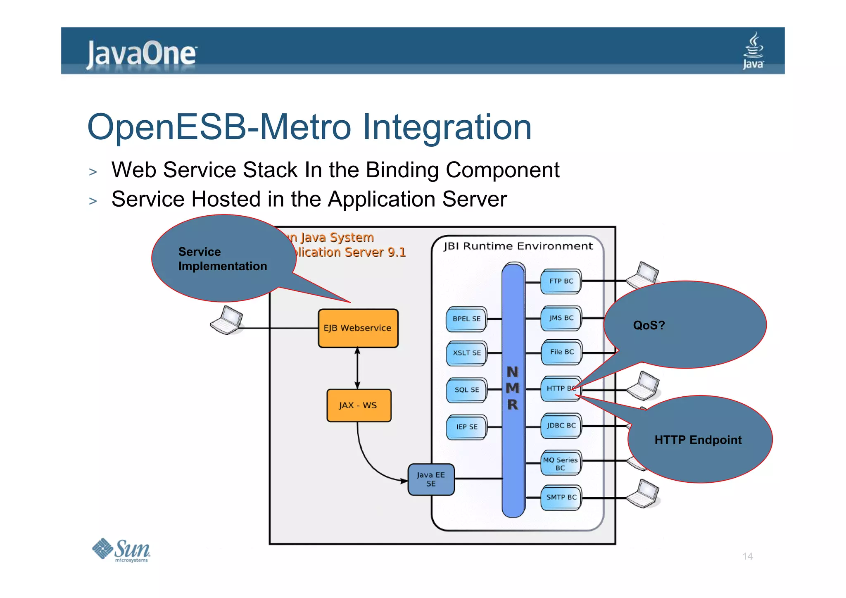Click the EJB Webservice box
pyautogui.click(x=358, y=328)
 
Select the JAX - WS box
pyautogui.click(x=358, y=405)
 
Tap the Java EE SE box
pyautogui.click(x=430, y=479)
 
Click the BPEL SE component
pyautogui.click(x=466, y=319)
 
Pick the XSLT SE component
pyautogui.click(x=466, y=353)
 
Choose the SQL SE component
pyautogui.click(x=466, y=390)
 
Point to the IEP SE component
pyautogui.click(x=466, y=427)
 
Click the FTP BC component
pyautogui.click(x=561, y=281)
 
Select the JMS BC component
pyautogui.click(x=561, y=318)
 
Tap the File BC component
pyautogui.click(x=561, y=352)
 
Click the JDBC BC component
pyautogui.click(x=561, y=426)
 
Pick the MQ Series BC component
pyautogui.click(x=561, y=464)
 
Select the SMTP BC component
pyautogui.click(x=561, y=497)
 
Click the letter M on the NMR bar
pyautogui.click(x=513, y=388)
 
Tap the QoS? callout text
pyautogui.click(x=649, y=325)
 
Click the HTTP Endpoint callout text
pyautogui.click(x=698, y=440)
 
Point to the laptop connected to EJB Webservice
pyautogui.click(x=226, y=321)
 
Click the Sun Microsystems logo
pyautogui.click(x=121, y=550)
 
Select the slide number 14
pyautogui.click(x=747, y=556)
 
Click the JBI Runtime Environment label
pyautogui.click(x=518, y=246)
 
